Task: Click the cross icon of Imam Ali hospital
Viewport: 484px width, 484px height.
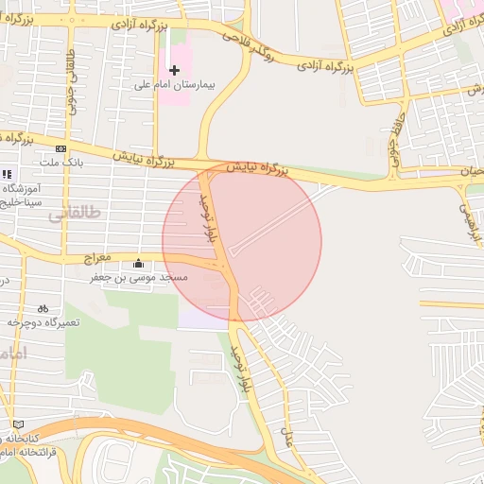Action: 174,70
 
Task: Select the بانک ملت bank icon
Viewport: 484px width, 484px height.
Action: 61,148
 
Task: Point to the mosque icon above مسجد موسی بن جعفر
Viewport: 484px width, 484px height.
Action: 139,264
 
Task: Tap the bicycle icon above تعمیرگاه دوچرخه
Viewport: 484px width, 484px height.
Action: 43,308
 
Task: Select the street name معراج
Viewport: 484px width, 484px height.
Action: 97,256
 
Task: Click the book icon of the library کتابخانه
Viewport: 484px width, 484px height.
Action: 19,424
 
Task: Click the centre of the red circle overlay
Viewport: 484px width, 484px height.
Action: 242,242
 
